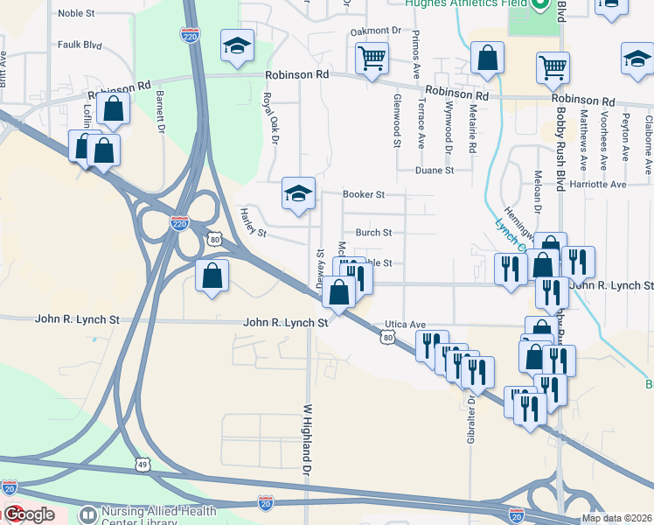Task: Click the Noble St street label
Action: [75, 14]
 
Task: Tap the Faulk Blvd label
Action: [80, 45]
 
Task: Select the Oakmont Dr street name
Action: [375, 31]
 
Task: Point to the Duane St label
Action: [435, 171]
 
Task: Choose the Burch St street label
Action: [373, 233]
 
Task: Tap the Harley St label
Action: [254, 225]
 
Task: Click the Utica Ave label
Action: [406, 324]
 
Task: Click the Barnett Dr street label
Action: [161, 112]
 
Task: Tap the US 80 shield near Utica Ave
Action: [387, 337]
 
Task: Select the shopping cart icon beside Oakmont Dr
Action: [372, 59]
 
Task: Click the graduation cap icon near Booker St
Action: [298, 192]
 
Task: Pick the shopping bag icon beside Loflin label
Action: [113, 108]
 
